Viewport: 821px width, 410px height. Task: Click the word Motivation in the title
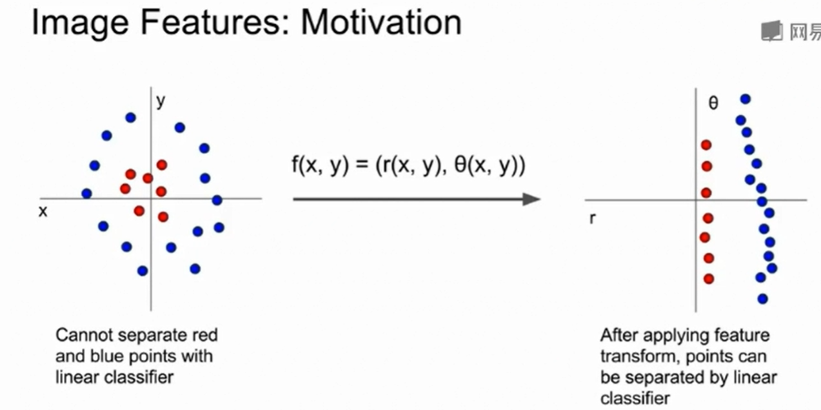tap(381, 23)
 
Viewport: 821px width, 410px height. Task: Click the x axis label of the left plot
tap(43, 211)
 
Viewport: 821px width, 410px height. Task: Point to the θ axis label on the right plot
tap(713, 103)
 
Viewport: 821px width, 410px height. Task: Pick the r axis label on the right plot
tap(592, 218)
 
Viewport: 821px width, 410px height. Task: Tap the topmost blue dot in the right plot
tap(746, 99)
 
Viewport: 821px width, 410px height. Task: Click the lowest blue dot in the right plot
tap(762, 299)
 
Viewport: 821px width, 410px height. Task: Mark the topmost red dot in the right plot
tap(706, 145)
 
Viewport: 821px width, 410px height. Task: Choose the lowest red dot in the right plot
tap(709, 279)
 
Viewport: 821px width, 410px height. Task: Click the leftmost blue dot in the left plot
tap(87, 193)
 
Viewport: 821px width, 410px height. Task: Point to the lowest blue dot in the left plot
tap(143, 271)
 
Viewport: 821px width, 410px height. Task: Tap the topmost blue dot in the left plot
tap(130, 118)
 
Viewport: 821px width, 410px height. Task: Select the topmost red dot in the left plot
tap(161, 165)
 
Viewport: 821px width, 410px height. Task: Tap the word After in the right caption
tap(618, 336)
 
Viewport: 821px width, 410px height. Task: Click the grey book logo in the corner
tap(771, 30)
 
